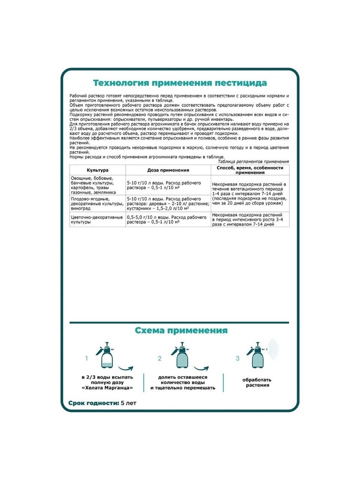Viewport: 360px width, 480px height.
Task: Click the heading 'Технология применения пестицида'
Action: (180, 83)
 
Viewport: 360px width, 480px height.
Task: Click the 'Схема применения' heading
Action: (181, 330)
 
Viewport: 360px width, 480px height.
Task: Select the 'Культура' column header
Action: (97, 170)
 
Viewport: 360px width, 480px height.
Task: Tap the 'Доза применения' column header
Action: (168, 170)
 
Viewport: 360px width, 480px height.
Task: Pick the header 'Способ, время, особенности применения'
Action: (250, 170)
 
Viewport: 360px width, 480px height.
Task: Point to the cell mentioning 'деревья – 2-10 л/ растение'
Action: (168, 204)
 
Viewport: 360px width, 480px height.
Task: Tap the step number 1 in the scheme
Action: (87, 358)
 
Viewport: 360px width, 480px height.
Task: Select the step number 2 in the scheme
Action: (160, 358)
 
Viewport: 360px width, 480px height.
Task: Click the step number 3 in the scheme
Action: (237, 358)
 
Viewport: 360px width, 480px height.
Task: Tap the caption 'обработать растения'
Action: (258, 382)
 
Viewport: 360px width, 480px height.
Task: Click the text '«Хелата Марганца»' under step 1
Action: (107, 388)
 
